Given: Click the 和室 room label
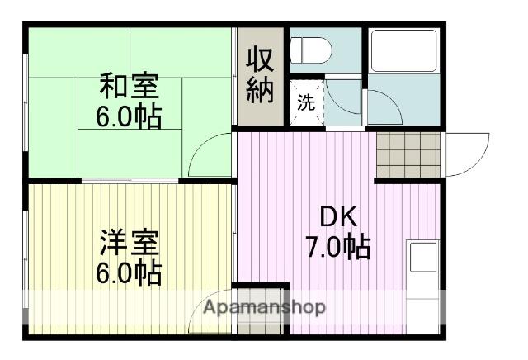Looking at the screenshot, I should (x=129, y=87).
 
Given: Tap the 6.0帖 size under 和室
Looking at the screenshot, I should (x=129, y=116).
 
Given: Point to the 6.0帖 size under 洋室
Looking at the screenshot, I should (x=129, y=272).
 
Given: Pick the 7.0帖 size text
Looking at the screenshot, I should (x=337, y=246).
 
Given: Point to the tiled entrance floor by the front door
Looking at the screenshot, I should (x=408, y=154).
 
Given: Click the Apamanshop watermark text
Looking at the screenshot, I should (x=264, y=307).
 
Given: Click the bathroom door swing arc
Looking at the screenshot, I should (x=382, y=107).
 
